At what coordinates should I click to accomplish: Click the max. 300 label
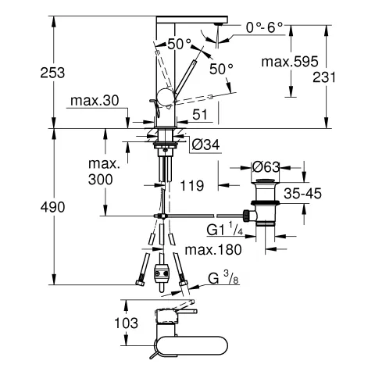coord(104,172)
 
